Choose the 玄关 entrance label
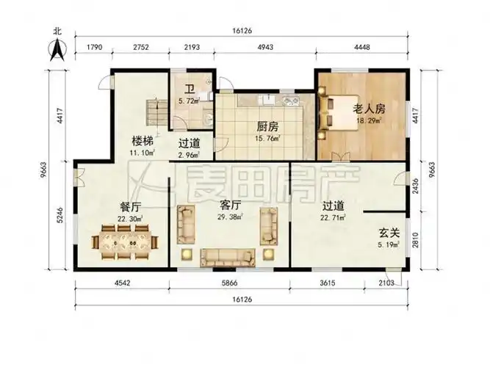point(389,232)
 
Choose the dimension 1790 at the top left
point(93,48)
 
